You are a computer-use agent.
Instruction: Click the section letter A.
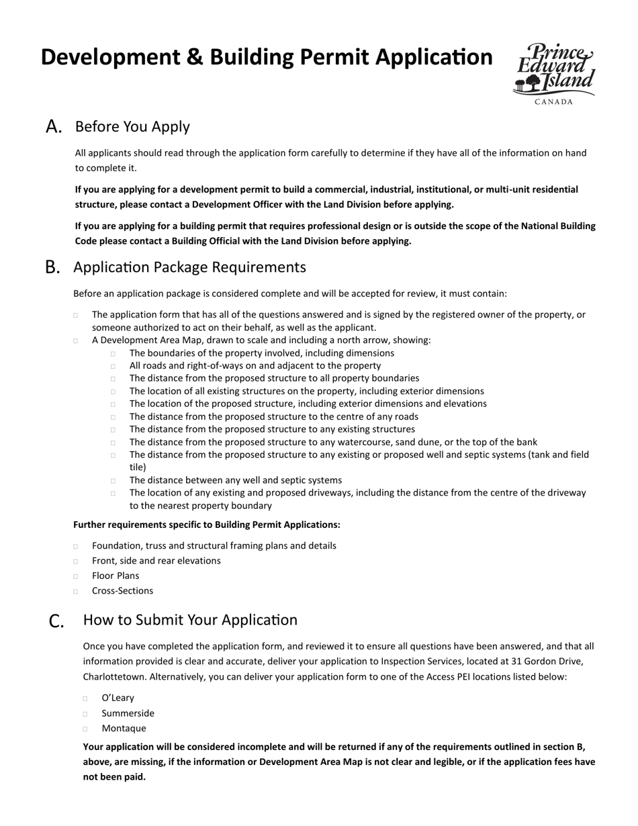pos(54,127)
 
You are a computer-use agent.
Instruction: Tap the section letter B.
pos(53,267)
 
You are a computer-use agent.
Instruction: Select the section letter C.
pos(57,621)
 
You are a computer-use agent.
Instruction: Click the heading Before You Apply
pos(132,127)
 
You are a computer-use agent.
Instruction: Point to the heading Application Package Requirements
pos(189,267)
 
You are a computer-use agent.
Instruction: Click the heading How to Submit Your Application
pos(190,620)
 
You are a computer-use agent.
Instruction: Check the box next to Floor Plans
pos(76,576)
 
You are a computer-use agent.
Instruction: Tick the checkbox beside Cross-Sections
pos(76,592)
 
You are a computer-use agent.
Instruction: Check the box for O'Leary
pos(86,698)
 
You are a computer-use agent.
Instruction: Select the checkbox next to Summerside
pos(86,714)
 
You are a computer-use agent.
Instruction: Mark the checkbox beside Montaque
pos(86,729)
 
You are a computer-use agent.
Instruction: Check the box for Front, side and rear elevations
pos(76,561)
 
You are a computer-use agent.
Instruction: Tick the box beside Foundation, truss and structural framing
pos(76,547)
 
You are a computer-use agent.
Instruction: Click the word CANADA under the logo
pos(554,102)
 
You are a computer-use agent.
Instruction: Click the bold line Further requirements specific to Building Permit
pos(206,524)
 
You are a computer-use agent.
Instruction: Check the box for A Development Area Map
pos(76,341)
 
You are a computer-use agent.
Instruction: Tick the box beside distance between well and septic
pos(113,481)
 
